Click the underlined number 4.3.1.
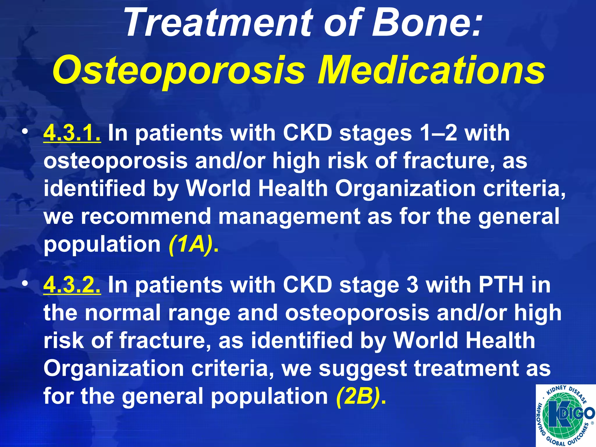click(x=72, y=133)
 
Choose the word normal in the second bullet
click(x=123, y=313)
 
